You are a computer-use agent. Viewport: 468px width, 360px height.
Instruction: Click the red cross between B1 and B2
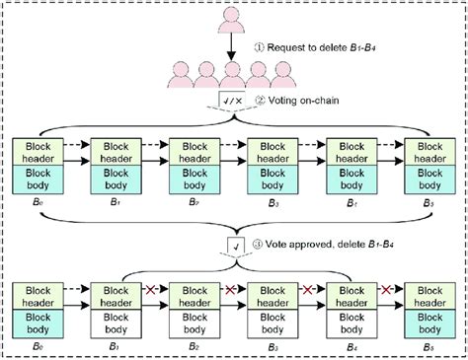click(x=151, y=291)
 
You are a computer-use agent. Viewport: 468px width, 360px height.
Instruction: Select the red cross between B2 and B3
click(x=228, y=291)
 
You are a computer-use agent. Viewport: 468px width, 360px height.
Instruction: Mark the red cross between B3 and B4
click(x=306, y=291)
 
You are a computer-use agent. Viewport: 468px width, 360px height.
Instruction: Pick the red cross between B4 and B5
click(x=384, y=291)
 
